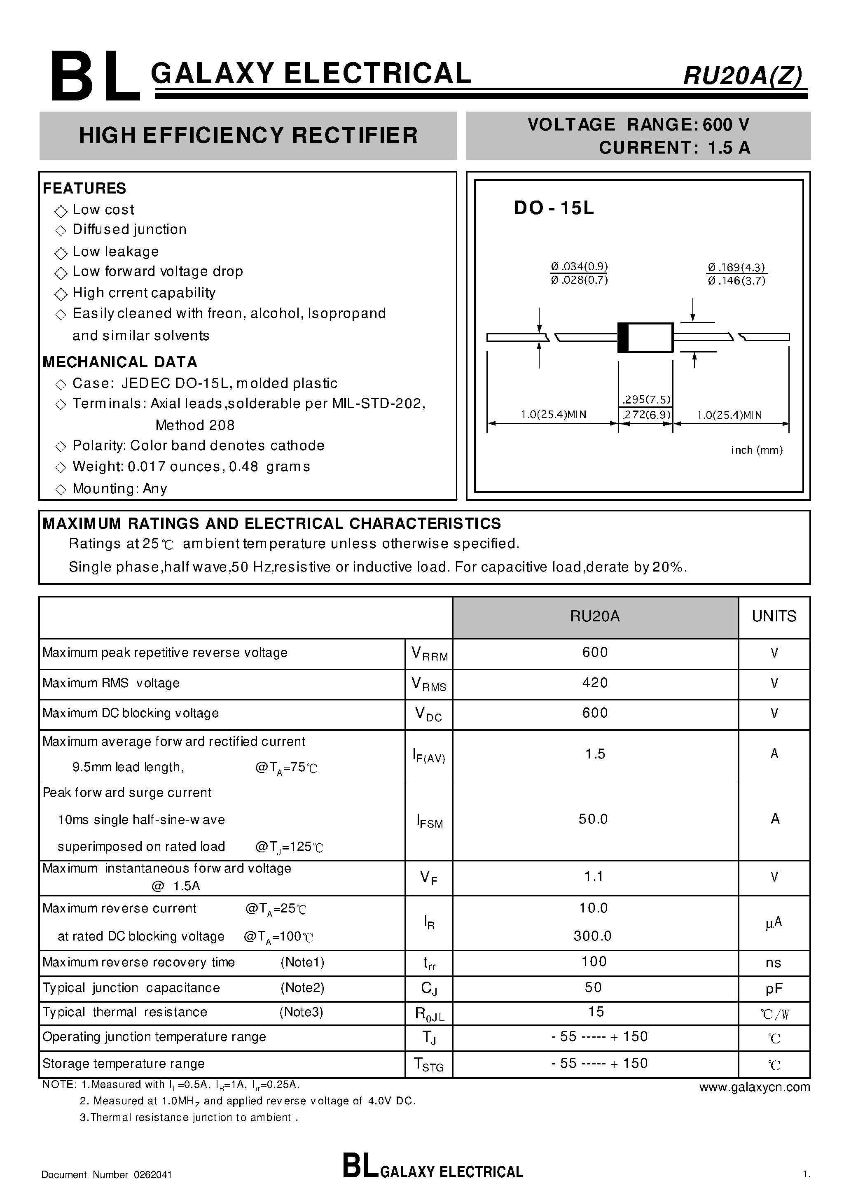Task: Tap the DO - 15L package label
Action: click(554, 208)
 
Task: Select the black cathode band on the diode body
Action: click(623, 337)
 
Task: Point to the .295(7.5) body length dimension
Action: click(646, 399)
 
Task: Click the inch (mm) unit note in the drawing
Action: click(756, 450)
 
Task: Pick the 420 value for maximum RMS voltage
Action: click(594, 683)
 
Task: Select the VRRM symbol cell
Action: click(429, 654)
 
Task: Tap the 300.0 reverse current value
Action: click(592, 936)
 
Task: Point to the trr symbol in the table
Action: click(429, 963)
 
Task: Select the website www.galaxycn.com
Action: click(754, 1087)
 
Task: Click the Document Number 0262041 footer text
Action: click(107, 1175)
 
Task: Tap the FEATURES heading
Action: click(84, 188)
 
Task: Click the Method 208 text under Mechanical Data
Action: click(195, 425)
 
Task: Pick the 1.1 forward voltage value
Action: click(594, 876)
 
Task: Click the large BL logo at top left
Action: click(96, 77)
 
